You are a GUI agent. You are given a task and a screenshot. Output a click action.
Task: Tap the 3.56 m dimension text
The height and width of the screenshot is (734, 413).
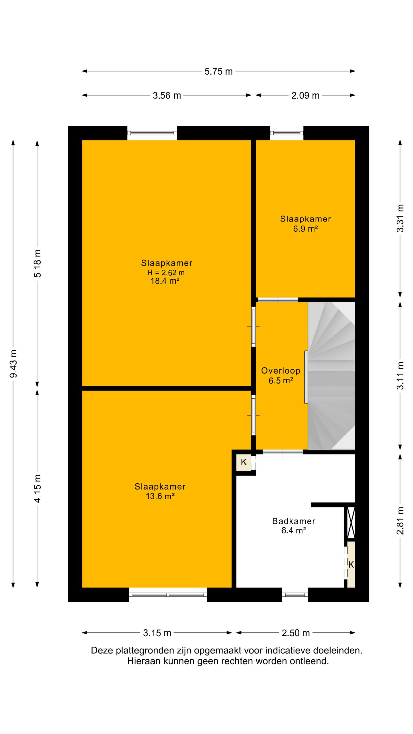pyautogui.click(x=167, y=95)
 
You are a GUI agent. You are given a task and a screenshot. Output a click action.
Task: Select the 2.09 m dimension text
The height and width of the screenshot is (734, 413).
pyautogui.click(x=305, y=95)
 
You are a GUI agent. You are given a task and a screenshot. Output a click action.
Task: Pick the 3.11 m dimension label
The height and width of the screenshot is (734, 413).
pyautogui.click(x=400, y=376)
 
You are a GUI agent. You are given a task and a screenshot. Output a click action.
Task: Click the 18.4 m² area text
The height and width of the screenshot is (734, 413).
pyautogui.click(x=165, y=281)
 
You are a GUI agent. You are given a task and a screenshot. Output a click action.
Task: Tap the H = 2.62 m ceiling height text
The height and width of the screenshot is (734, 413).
pyautogui.click(x=166, y=273)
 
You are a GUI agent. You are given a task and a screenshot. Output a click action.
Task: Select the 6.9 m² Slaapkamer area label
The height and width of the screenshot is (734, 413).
pyautogui.click(x=305, y=229)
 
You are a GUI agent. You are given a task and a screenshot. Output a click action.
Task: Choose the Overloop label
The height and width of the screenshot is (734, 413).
pyautogui.click(x=281, y=370)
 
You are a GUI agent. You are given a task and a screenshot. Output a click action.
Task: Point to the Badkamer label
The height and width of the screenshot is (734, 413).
pyautogui.click(x=294, y=521)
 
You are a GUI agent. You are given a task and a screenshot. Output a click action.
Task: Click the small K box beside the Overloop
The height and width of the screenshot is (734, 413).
pyautogui.click(x=244, y=462)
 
